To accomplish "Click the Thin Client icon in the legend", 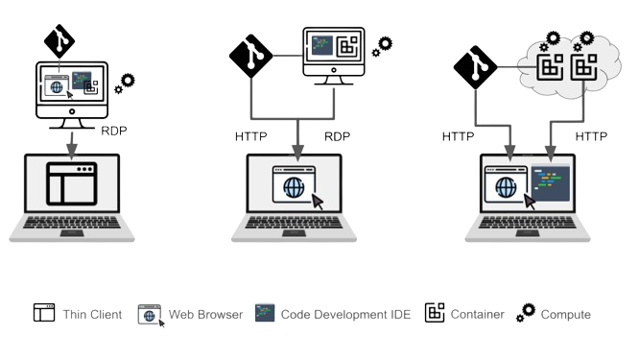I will coord(44,313).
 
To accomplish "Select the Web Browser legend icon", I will coord(150,314).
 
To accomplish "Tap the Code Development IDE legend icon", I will coord(264,313).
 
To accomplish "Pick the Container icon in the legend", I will coord(435,313).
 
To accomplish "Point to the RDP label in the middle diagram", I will coord(338,136).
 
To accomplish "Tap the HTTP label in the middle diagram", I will coord(251,136).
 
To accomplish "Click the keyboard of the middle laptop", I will coord(297,228).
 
